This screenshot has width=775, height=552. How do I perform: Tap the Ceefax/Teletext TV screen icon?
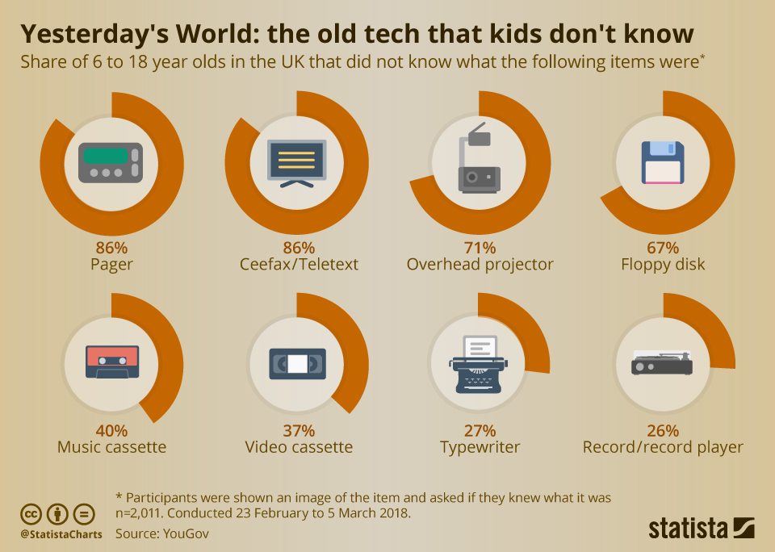(x=296, y=161)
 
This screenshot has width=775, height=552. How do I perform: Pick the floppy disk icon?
(x=662, y=162)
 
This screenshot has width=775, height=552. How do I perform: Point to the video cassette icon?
(x=297, y=364)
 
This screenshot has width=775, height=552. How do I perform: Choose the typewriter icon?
(x=480, y=364)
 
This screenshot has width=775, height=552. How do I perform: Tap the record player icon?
(x=662, y=364)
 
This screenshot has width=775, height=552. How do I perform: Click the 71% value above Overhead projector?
(x=480, y=248)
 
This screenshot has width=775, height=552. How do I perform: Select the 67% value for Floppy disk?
(x=663, y=248)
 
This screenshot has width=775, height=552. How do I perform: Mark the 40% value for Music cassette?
(x=111, y=431)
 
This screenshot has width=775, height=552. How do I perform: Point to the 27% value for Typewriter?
(x=480, y=431)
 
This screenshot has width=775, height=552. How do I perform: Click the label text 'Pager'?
(x=112, y=265)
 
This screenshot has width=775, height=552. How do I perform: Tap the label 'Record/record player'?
(x=663, y=447)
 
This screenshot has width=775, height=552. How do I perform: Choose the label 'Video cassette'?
(x=299, y=447)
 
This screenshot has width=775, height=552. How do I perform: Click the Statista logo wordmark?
(x=689, y=529)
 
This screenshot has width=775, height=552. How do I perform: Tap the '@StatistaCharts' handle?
(x=61, y=534)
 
